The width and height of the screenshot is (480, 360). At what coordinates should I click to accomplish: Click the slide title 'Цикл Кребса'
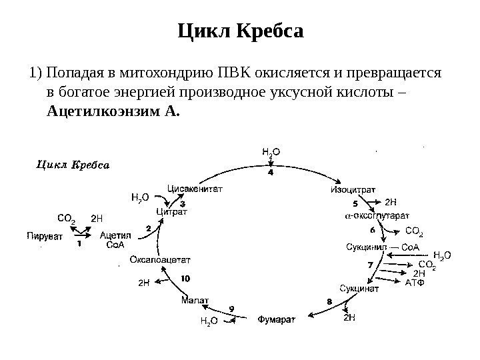(241, 31)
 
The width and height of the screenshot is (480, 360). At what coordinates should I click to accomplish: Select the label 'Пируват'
(45, 235)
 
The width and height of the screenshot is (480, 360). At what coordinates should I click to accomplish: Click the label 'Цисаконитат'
(194, 189)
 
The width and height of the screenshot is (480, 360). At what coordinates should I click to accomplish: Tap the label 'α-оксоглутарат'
(377, 216)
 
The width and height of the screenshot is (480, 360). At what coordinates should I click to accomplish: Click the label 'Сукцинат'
(359, 289)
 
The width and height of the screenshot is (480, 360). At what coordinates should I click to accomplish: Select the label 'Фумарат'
(277, 319)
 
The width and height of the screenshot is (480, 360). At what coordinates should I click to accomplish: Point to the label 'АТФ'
(415, 282)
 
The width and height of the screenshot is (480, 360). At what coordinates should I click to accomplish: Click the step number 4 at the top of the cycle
(270, 173)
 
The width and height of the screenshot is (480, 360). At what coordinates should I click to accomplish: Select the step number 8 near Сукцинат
(329, 301)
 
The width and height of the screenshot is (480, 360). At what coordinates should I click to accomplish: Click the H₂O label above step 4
(271, 153)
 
